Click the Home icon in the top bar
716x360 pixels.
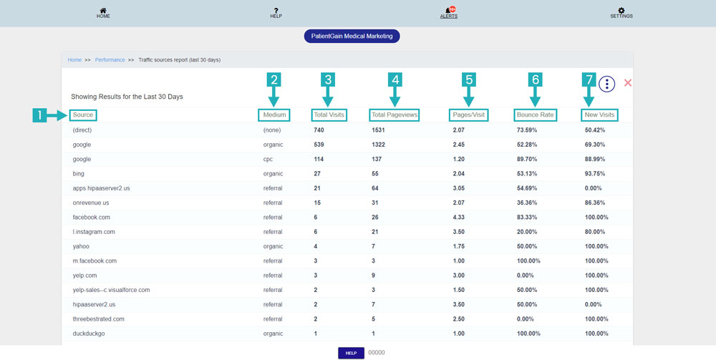click(x=104, y=11)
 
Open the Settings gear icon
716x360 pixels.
click(x=621, y=11)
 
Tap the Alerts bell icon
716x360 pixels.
click(x=449, y=11)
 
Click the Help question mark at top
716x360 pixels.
click(x=276, y=11)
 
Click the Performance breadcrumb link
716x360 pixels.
click(x=110, y=60)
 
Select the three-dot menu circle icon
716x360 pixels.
click(x=606, y=84)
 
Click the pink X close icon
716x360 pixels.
click(x=628, y=83)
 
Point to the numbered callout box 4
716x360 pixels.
click(x=395, y=80)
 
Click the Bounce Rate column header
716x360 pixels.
click(x=536, y=115)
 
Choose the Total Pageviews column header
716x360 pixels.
click(x=395, y=115)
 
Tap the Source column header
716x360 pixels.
click(x=83, y=115)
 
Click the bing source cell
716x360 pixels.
click(x=79, y=174)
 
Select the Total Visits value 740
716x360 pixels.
click(x=319, y=130)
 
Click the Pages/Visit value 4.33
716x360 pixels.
click(x=459, y=218)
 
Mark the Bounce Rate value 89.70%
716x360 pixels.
click(x=528, y=160)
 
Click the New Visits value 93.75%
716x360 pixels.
click(x=596, y=174)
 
